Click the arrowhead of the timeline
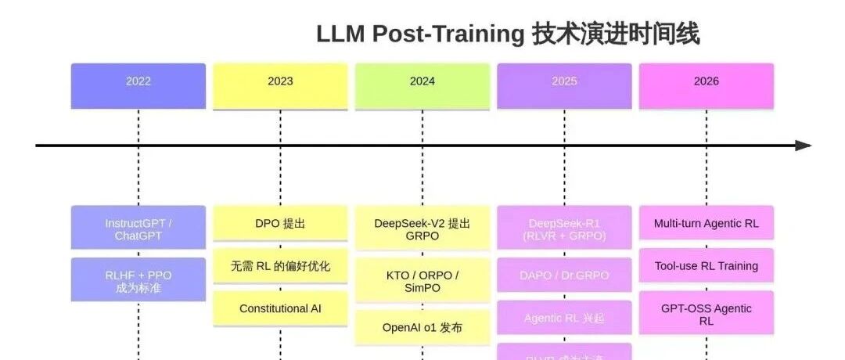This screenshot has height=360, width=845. pos(803,146)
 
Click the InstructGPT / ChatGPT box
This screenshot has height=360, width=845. pos(138,229)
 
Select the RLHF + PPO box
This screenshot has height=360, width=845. pos(138,280)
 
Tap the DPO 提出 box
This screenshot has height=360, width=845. pos(280,224)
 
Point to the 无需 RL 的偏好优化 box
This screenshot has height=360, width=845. pos(280,266)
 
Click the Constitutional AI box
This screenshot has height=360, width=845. pos(280,308)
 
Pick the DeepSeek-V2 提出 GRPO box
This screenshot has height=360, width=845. pos(422,229)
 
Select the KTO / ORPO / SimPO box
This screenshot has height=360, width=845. pos(422,280)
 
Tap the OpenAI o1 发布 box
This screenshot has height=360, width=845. pos(422,327)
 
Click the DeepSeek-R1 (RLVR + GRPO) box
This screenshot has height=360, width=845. pos(564,229)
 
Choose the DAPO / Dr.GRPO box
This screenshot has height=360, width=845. pos(564,275)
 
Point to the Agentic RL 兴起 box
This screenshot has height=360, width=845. pos(564,318)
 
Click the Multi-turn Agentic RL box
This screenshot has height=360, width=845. pos(707,224)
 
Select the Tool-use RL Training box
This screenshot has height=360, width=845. pos(707,266)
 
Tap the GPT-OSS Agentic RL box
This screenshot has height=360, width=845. pos(707,313)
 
